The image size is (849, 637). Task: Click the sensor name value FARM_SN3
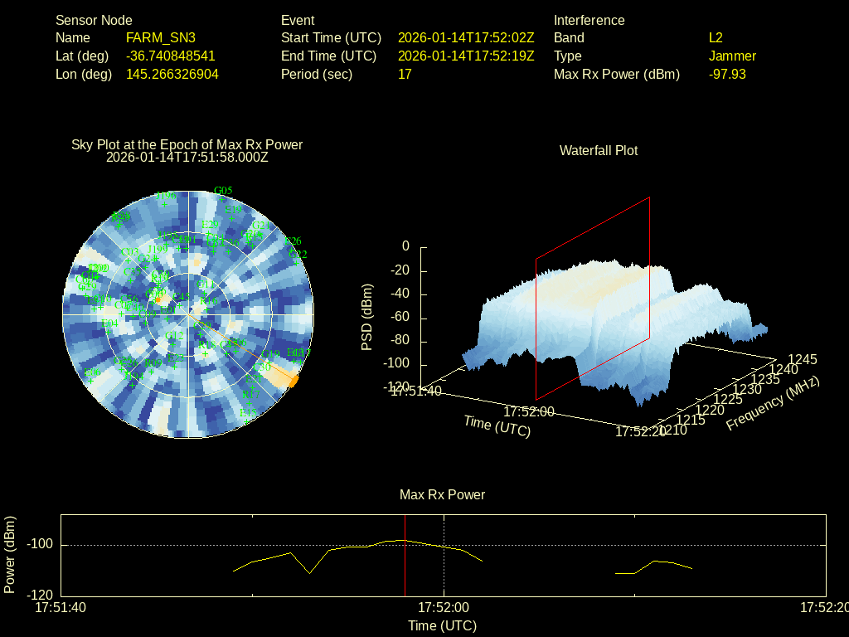[161, 37]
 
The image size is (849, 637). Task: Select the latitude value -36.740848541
[171, 56]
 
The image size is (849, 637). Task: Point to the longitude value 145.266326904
[172, 74]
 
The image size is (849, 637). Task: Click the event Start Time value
[466, 37]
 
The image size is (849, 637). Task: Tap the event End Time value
[466, 56]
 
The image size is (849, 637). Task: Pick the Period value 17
[405, 74]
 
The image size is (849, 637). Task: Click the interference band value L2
[716, 37]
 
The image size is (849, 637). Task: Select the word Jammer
[732, 56]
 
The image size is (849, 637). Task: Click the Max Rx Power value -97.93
[727, 74]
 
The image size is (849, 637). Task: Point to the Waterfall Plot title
[599, 150]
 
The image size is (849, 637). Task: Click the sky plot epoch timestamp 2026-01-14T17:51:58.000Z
[187, 156]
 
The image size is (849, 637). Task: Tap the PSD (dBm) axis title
[366, 317]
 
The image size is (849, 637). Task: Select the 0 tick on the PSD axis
[405, 246]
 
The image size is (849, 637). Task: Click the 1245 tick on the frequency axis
[802, 359]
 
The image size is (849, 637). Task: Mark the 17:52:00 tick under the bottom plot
[443, 608]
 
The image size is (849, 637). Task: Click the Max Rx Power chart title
[442, 494]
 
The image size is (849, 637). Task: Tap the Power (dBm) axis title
[10, 555]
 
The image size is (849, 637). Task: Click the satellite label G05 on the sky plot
[223, 190]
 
